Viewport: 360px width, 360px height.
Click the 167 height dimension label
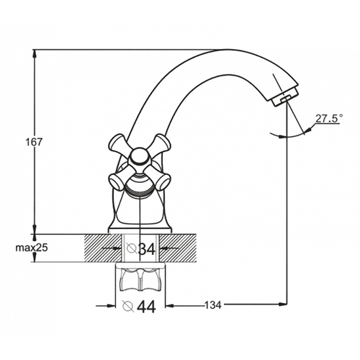[34, 143]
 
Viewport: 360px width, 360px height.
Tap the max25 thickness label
[32, 248]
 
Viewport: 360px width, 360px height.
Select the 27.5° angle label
[329, 119]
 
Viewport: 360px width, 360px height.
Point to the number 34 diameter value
[147, 249]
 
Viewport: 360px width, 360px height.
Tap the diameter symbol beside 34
[132, 248]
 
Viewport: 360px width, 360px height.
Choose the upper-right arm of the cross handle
[160, 143]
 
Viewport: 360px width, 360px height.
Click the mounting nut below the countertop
[140, 279]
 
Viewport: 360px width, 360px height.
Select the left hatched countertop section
[102, 248]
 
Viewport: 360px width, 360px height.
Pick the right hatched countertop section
[178, 248]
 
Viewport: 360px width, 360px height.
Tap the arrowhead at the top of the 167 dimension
[35, 54]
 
